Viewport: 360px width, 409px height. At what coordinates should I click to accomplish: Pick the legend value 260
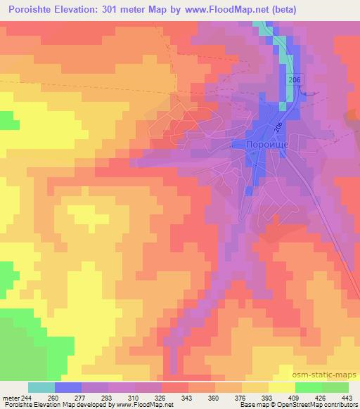coord(53,397)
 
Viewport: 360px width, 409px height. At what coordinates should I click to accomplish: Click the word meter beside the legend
coord(9,397)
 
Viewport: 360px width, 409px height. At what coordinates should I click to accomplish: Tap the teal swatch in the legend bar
coord(41,387)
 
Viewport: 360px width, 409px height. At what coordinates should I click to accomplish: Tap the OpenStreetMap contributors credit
coord(316,405)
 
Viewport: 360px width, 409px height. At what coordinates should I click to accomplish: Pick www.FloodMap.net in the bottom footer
coord(144,405)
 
